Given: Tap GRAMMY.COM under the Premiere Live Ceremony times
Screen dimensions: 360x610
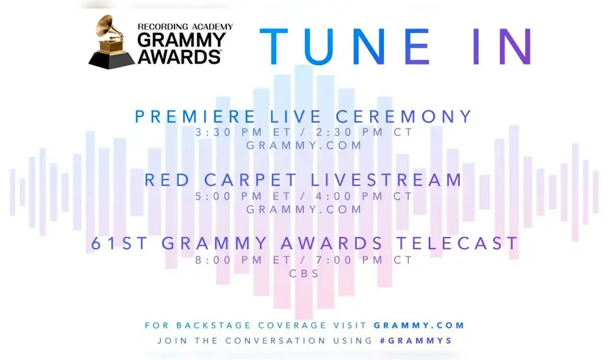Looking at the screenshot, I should click(304, 146).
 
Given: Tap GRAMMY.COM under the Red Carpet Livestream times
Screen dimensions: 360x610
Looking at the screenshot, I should click(304, 209).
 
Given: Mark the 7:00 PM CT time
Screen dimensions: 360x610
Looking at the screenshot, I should click(358, 260).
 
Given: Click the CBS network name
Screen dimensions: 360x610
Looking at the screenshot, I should click(304, 273).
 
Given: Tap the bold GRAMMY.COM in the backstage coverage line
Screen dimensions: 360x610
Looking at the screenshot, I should click(419, 325).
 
